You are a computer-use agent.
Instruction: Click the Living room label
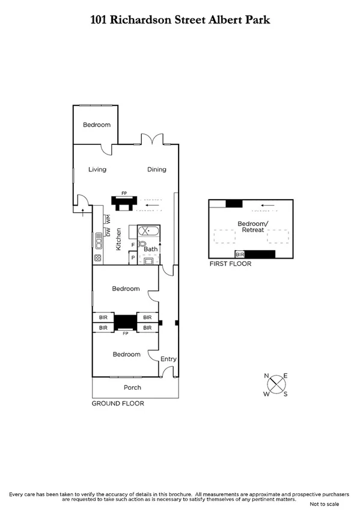click(x=97, y=170)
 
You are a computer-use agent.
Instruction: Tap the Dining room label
click(x=157, y=170)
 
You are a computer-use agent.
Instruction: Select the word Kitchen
click(x=119, y=239)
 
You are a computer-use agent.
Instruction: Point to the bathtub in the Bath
click(x=148, y=231)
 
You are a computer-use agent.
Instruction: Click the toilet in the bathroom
click(x=142, y=244)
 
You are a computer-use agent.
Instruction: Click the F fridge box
click(x=133, y=245)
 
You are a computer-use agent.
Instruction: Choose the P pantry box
click(x=133, y=258)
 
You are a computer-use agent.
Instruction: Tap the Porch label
click(x=132, y=387)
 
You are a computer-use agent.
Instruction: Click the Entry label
click(x=169, y=359)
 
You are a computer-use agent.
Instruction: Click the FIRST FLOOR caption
click(x=230, y=263)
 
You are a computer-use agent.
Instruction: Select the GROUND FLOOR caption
click(x=118, y=404)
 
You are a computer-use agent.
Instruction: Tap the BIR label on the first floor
click(x=239, y=254)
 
